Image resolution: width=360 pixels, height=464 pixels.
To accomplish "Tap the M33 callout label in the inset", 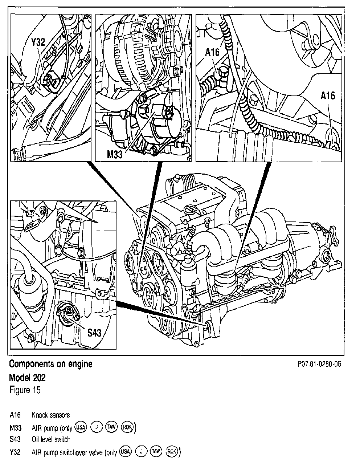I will tap(115, 155).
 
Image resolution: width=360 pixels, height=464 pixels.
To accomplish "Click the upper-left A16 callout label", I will tap(212, 52).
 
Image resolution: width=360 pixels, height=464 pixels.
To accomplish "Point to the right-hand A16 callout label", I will tap(328, 95).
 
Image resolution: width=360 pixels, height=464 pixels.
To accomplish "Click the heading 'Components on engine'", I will tap(50, 364).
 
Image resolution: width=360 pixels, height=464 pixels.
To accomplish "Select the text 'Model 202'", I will tap(27, 378).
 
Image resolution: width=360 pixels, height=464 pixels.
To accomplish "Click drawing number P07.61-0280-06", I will tap(319, 364).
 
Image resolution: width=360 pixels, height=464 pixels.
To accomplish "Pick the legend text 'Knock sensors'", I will tap(50, 415).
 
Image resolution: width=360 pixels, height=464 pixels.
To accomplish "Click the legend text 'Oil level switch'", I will tap(51, 439).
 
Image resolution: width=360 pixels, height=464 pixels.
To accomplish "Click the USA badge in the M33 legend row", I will tap(81, 427).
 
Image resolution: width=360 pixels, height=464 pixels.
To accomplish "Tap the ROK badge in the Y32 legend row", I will tap(171, 452).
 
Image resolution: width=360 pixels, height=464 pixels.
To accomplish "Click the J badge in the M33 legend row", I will tap(96, 427).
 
